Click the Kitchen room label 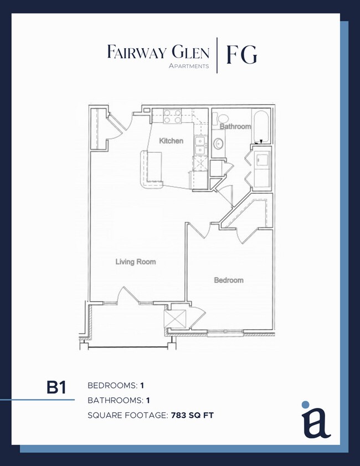pos(171,141)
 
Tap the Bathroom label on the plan pos(235,127)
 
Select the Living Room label pos(136,262)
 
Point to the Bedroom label pos(229,281)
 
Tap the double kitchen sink pos(199,145)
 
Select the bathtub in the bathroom pos(261,125)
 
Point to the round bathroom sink pos(219,144)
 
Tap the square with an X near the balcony pos(173,319)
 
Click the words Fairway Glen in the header pos(158,53)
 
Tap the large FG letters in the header pos(240,54)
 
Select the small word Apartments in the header pos(189,66)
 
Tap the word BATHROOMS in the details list pos(112,400)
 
